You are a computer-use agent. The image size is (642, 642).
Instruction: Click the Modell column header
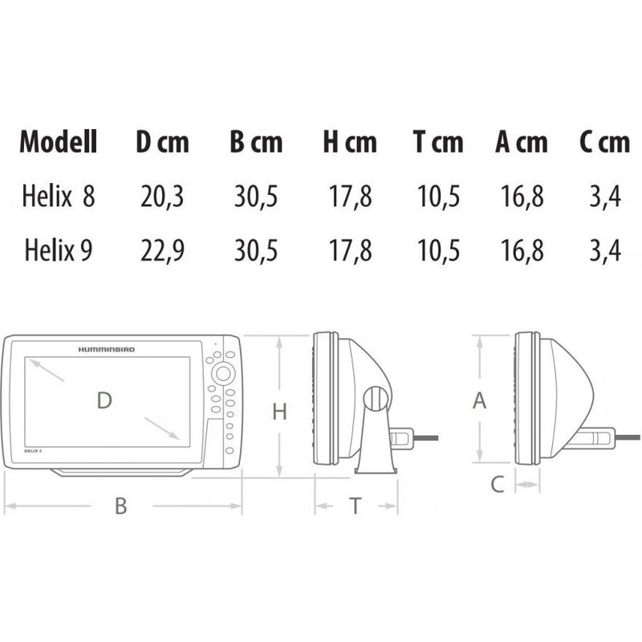pyautogui.click(x=59, y=142)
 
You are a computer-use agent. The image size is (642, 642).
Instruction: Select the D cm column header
pyautogui.click(x=163, y=142)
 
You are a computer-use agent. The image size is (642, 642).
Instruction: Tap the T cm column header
pyautogui.click(x=438, y=142)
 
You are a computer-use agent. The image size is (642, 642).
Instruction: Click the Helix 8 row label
pyautogui.click(x=58, y=196)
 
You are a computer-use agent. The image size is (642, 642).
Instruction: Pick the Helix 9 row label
pyautogui.click(x=58, y=250)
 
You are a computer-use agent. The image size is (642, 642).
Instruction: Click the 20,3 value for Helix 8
pyautogui.click(x=162, y=197)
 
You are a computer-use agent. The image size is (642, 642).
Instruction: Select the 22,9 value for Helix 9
pyautogui.click(x=162, y=250)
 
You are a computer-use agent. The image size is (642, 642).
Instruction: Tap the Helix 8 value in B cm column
pyautogui.click(x=256, y=197)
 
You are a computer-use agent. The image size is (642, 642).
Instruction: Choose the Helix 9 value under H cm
pyautogui.click(x=350, y=250)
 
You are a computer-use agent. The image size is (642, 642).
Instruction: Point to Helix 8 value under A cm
pyautogui.click(x=522, y=197)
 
